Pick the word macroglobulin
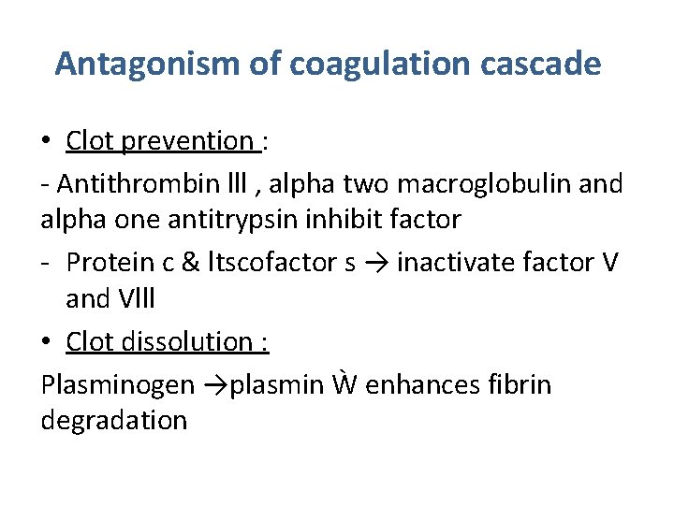pos(472,184)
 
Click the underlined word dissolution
pos(186,342)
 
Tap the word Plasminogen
pos(118,385)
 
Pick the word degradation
pos(114,420)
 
